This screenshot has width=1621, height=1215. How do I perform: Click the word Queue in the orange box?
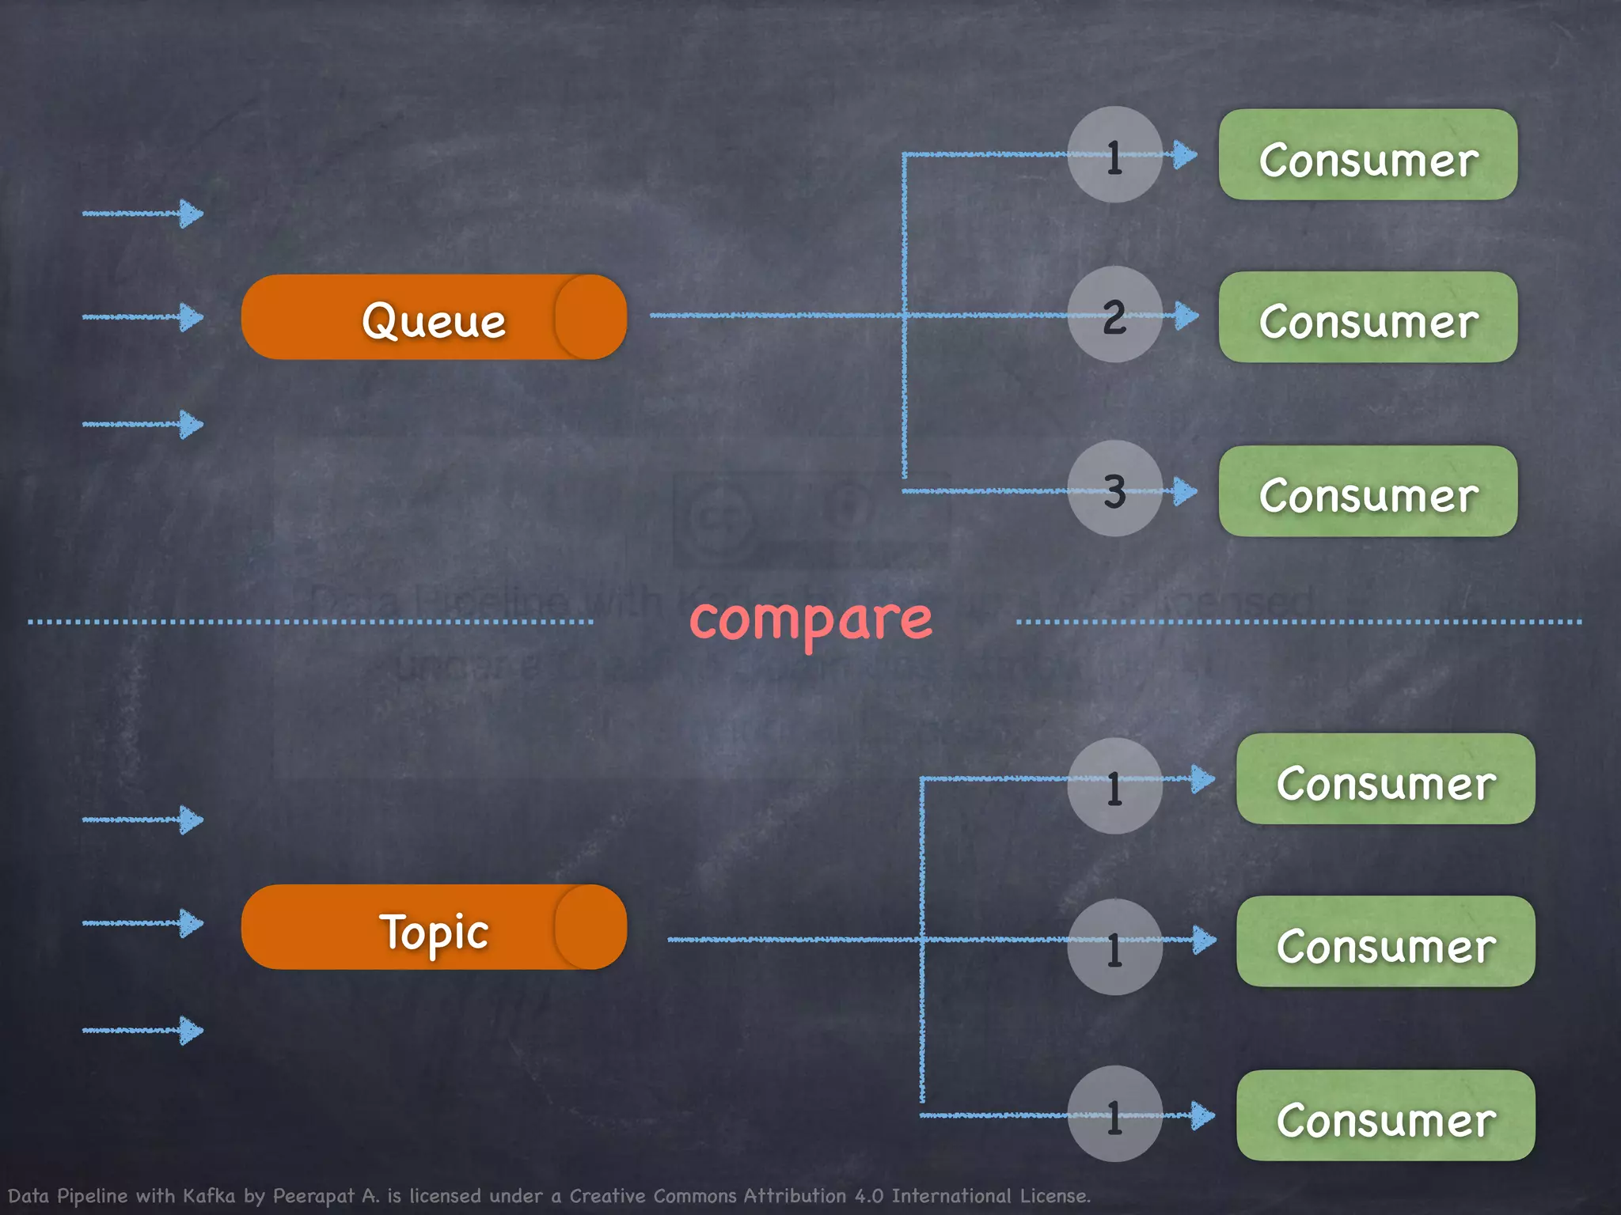[434, 320]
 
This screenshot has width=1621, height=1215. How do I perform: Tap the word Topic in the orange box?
[434, 932]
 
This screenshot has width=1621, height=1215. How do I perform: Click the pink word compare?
[810, 619]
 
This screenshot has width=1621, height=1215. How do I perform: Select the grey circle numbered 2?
[1114, 315]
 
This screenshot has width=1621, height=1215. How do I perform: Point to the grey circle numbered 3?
[1114, 490]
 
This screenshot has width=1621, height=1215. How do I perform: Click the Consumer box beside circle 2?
[1368, 318]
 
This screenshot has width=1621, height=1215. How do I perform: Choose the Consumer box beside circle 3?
[1368, 492]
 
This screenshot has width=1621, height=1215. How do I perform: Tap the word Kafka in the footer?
[209, 1196]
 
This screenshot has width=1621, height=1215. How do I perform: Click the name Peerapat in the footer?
[313, 1196]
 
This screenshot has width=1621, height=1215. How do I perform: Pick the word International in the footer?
[951, 1196]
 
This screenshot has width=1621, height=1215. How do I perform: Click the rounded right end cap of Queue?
[591, 317]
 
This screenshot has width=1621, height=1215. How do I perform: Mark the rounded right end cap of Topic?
[591, 927]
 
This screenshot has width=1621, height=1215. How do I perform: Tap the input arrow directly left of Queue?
[142, 317]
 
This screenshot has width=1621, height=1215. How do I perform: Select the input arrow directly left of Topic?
[142, 923]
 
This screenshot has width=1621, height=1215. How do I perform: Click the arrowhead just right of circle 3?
[1185, 491]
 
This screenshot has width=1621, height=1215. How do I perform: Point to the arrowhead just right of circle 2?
[1186, 316]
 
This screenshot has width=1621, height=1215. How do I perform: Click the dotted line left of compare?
[310, 623]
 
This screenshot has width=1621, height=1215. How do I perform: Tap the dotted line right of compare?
[1298, 623]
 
